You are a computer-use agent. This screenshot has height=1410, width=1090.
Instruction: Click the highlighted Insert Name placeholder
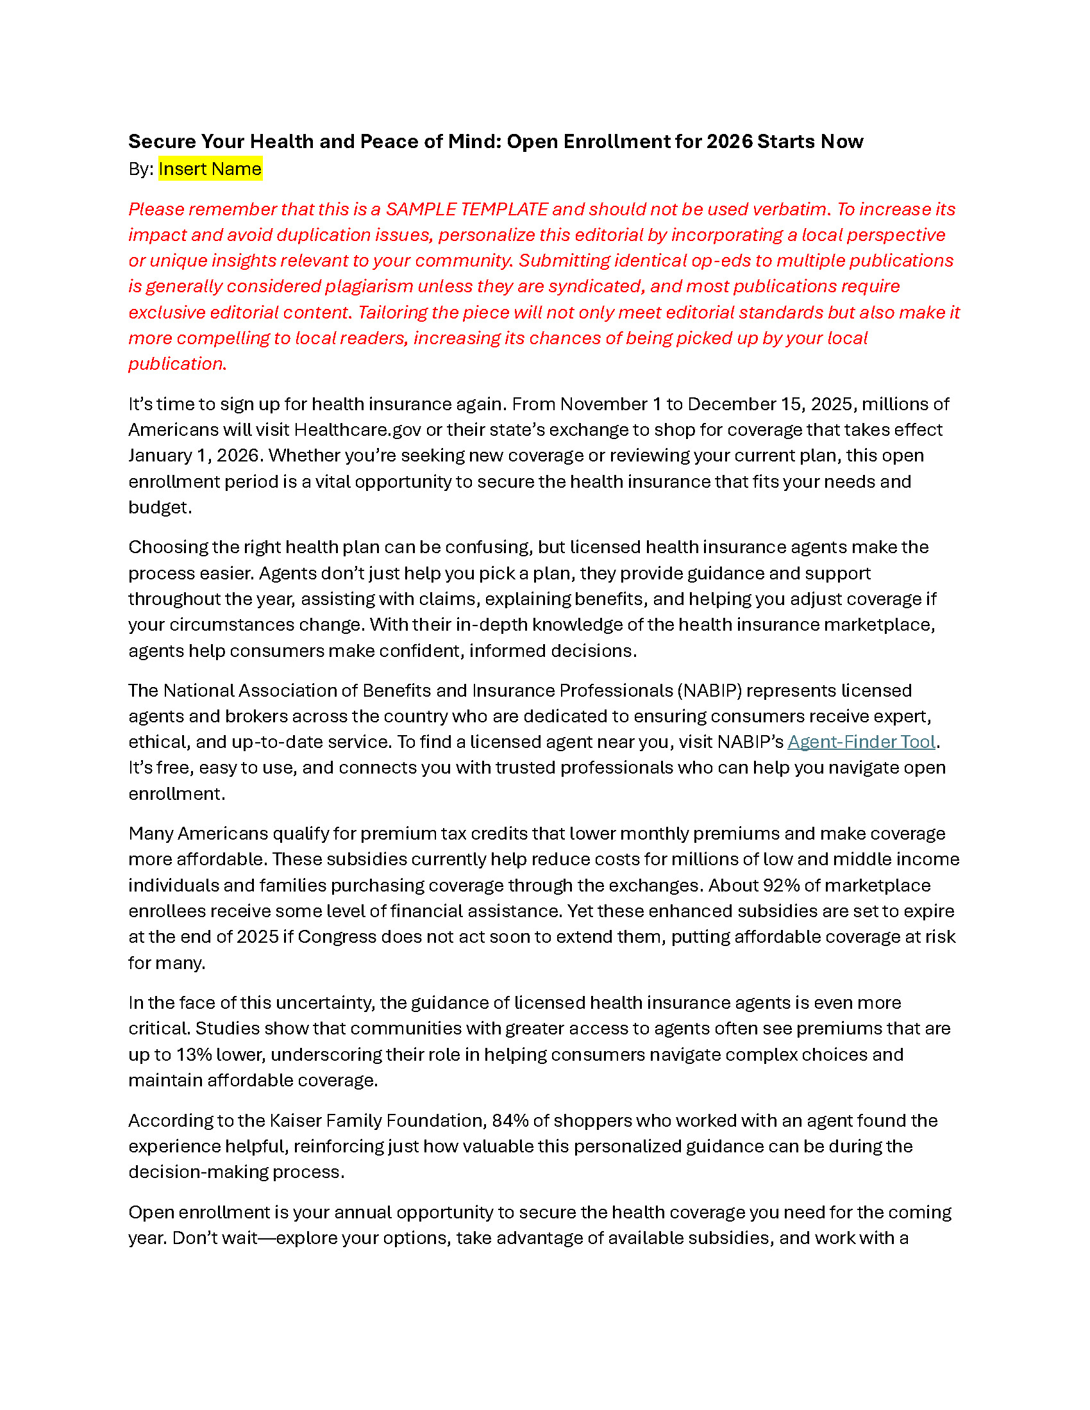click(210, 169)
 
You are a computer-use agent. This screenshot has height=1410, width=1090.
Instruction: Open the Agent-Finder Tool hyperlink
click(860, 742)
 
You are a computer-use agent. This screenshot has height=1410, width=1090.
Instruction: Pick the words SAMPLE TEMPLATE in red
click(467, 209)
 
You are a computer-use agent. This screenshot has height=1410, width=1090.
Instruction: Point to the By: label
click(141, 169)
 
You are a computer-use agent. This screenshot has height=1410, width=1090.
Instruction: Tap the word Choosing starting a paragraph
click(168, 547)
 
